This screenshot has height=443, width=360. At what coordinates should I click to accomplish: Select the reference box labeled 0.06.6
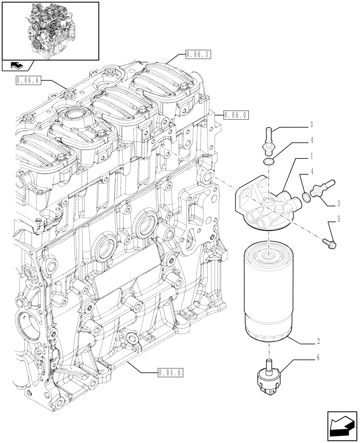[x=28, y=81]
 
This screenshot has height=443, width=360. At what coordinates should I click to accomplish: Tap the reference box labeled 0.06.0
[x=236, y=116]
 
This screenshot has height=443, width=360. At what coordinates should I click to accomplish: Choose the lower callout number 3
[x=338, y=203]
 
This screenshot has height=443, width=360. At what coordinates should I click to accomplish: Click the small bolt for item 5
[x=332, y=241]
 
